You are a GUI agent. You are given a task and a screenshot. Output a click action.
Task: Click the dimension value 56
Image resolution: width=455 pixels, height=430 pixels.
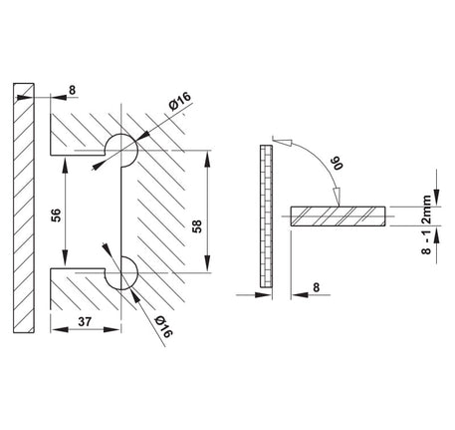[x=57, y=215]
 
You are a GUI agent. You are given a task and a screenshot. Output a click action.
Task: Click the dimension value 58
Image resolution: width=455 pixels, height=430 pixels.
[x=197, y=226]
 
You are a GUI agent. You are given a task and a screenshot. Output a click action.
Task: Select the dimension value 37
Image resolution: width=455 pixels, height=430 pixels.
[x=85, y=322]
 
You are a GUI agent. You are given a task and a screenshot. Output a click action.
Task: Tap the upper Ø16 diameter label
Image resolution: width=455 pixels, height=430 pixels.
[x=180, y=101]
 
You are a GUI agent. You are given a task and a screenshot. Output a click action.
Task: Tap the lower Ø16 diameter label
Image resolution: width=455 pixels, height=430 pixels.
[x=163, y=326]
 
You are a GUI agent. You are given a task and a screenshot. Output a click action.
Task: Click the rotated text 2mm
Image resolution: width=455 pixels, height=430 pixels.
[x=426, y=210]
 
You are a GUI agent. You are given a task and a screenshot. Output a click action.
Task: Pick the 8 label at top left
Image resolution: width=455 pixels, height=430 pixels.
[x=73, y=90]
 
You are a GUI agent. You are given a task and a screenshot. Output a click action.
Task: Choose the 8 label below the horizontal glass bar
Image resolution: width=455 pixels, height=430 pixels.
[x=316, y=287]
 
